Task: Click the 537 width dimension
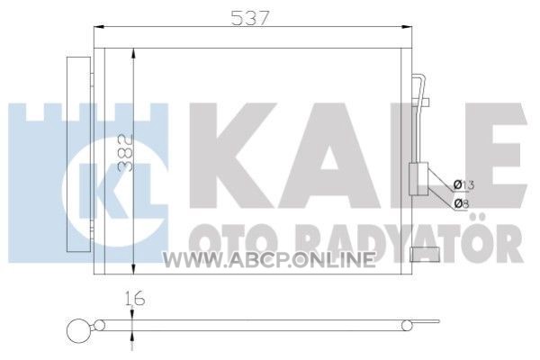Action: point(249,18)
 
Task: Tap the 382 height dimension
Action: point(126,153)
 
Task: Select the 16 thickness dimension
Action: point(135,298)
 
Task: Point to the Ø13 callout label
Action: point(463,185)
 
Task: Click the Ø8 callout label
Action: point(461,204)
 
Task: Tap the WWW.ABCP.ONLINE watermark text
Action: point(268,260)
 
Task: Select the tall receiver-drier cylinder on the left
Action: point(79,154)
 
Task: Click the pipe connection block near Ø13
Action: point(418,179)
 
